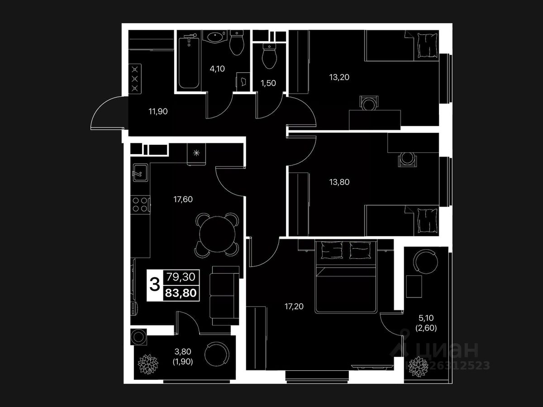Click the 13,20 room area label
tap(339, 77)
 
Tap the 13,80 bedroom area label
tap(339, 182)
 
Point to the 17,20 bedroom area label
tap(294, 306)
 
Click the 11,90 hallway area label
tap(158, 111)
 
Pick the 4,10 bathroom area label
tap(217, 69)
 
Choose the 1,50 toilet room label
tap(268, 83)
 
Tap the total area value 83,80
tap(181, 293)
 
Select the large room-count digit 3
tap(154, 285)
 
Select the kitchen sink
tap(138, 172)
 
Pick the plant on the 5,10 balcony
tap(417, 366)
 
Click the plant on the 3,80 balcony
tap(147, 363)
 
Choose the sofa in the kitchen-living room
tap(225, 294)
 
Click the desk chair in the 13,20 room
tap(369, 104)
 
